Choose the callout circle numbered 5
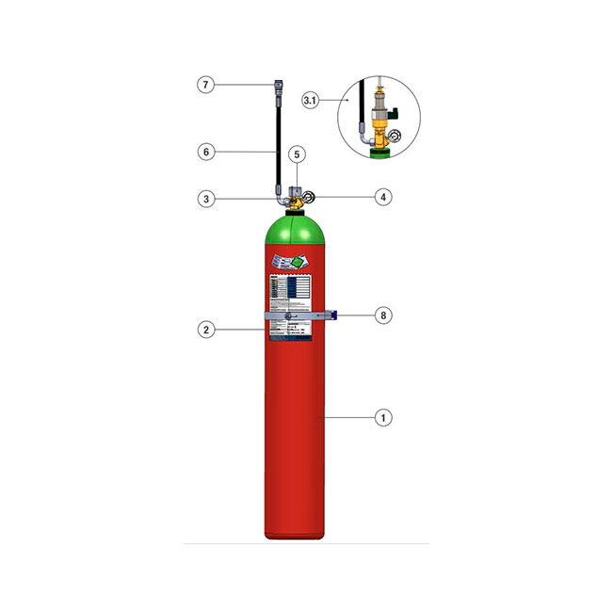point(296,153)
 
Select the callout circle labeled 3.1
point(313,99)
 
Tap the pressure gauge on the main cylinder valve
point(310,198)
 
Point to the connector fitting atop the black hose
point(277,90)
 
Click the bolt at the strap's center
point(276,316)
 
